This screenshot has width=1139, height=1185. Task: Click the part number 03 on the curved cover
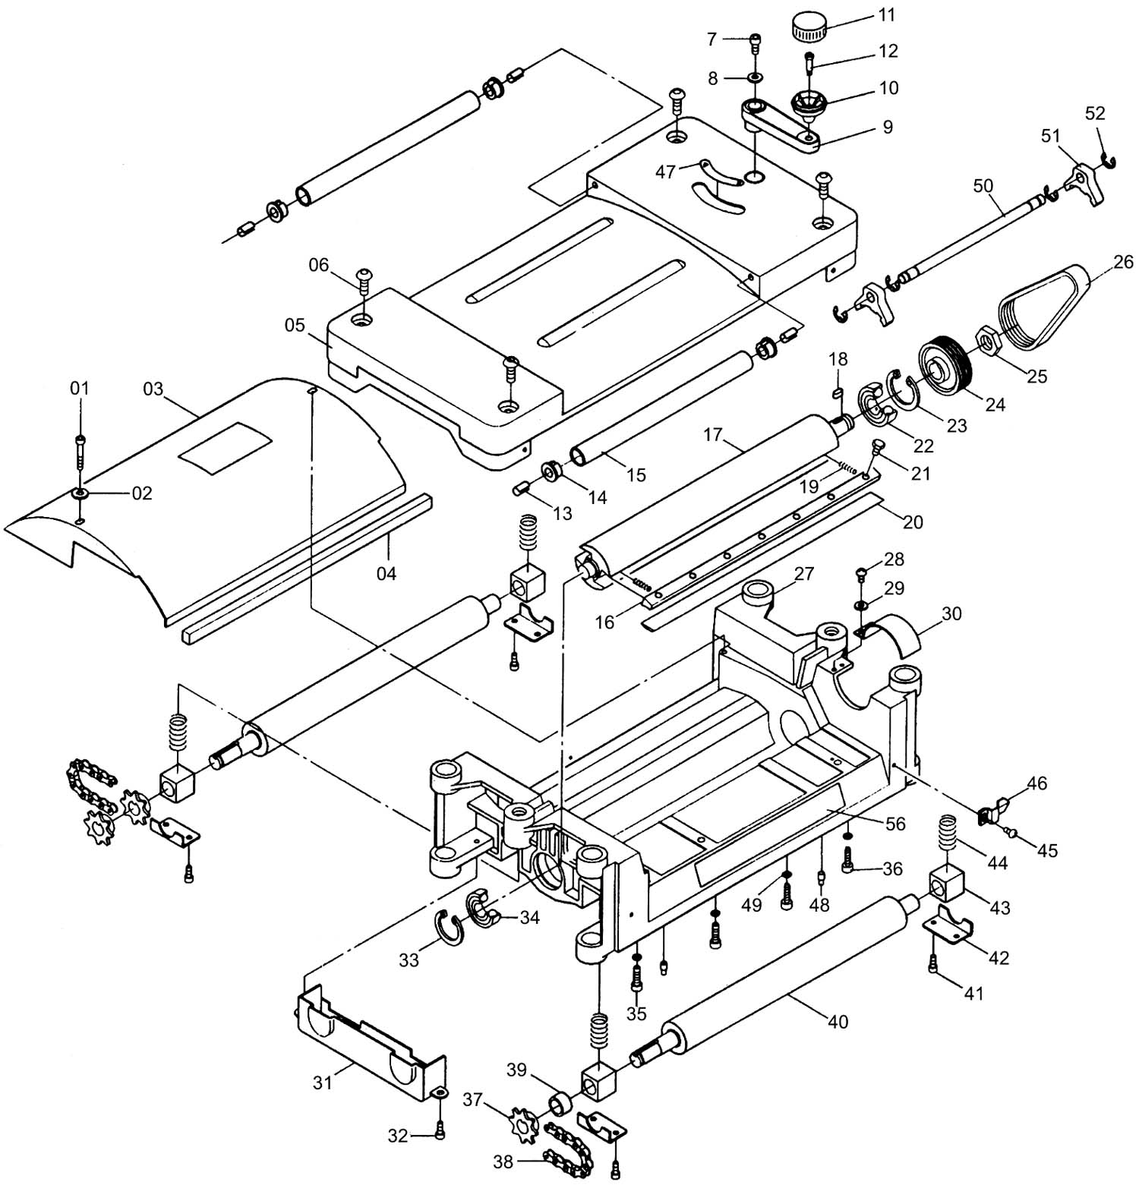[153, 389]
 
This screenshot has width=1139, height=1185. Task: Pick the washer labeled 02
[80, 493]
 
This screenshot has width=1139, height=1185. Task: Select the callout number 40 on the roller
[838, 1022]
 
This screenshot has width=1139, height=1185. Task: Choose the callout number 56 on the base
[896, 823]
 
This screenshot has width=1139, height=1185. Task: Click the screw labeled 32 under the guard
[440, 1133]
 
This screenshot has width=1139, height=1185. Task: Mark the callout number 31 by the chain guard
[323, 1082]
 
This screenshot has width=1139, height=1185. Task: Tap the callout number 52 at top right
[1095, 112]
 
